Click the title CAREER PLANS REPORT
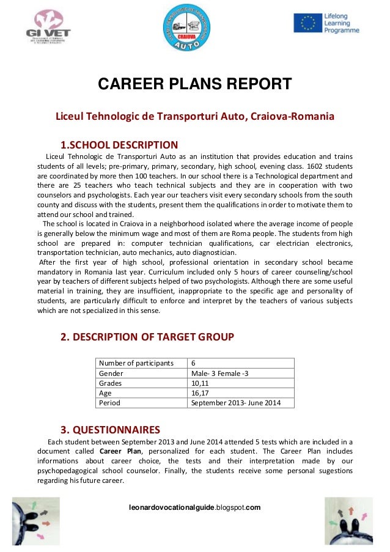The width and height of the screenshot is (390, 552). point(195,84)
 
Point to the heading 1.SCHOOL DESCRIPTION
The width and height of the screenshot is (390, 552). point(119,145)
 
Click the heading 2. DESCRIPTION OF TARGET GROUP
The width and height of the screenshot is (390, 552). point(147,336)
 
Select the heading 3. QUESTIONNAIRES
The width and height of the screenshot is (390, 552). point(110,429)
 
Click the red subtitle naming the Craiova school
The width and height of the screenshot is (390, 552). point(195,116)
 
